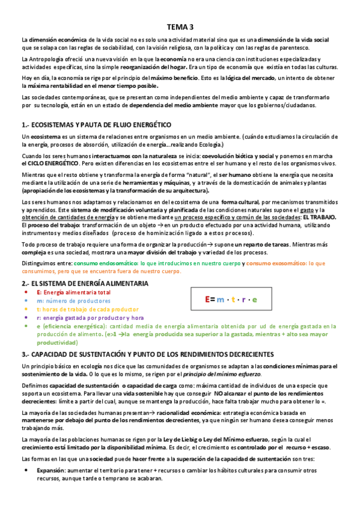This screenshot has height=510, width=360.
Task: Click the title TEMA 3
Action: (180, 27)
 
